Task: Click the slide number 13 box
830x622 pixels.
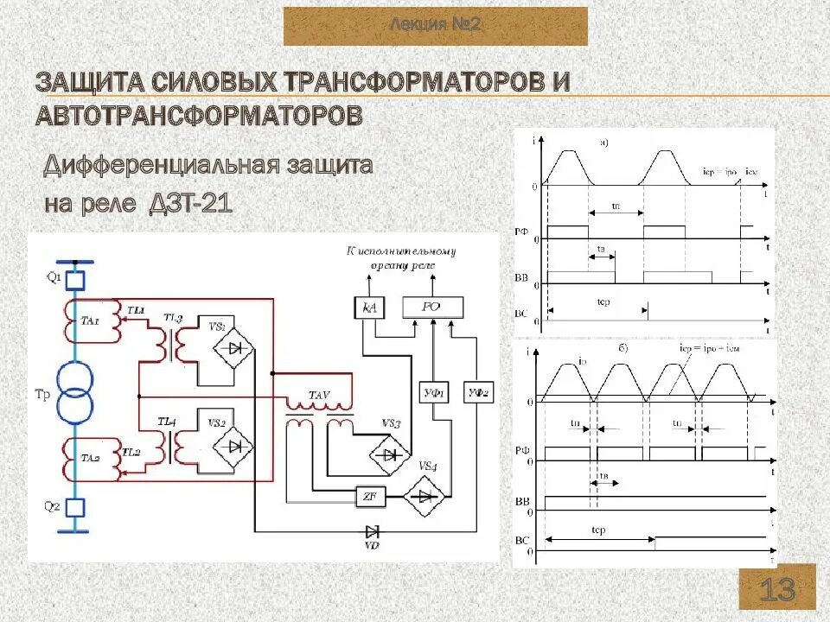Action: pyautogui.click(x=777, y=591)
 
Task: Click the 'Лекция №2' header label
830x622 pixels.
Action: pyautogui.click(x=436, y=25)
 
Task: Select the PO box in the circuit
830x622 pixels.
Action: pyautogui.click(x=431, y=307)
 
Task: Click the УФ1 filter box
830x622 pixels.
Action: pyautogui.click(x=432, y=393)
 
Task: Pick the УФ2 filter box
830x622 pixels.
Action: pyautogui.click(x=476, y=393)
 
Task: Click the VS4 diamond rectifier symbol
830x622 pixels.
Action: pyautogui.click(x=425, y=496)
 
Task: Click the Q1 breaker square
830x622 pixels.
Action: pyautogui.click(x=75, y=279)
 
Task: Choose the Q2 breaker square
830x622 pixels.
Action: pyautogui.click(x=75, y=507)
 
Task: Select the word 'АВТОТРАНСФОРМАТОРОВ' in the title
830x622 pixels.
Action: pyautogui.click(x=199, y=115)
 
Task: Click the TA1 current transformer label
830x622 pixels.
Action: pyautogui.click(x=90, y=321)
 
